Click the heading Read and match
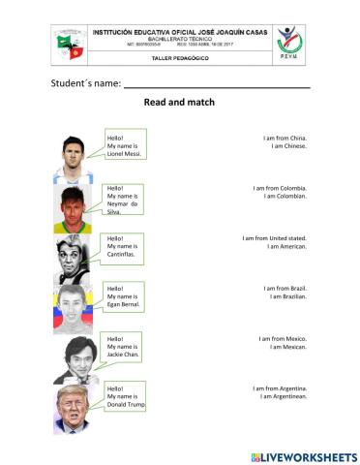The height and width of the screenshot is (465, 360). (x=179, y=102)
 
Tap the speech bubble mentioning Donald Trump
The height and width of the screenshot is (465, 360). (x=126, y=396)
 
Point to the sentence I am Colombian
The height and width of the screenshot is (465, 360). (x=285, y=197)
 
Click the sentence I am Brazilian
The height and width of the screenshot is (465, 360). (x=286, y=296)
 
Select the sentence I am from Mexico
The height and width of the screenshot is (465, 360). (x=283, y=338)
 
